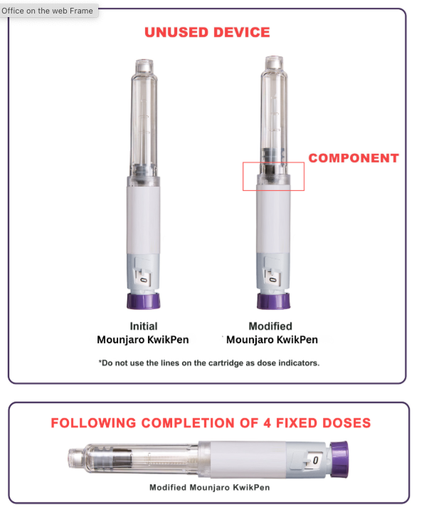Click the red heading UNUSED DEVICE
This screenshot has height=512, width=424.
tap(207, 32)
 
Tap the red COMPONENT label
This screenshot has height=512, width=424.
tap(354, 158)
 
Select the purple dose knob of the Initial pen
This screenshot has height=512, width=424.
tap(144, 301)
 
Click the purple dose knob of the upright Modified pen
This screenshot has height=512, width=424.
tap(273, 301)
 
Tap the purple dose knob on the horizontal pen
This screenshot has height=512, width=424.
tap(339, 459)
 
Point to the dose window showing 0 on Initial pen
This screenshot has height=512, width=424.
tap(144, 280)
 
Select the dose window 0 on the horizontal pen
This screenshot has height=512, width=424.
tap(315, 461)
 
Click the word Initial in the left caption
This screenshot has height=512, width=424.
tap(144, 326)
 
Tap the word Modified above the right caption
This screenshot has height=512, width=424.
tap(270, 326)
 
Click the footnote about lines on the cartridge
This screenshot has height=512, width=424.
tap(209, 363)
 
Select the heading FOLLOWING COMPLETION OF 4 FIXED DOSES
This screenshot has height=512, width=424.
tap(211, 423)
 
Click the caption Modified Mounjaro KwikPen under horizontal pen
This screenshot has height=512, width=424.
tap(210, 488)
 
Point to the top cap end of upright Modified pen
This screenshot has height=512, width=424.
tap(274, 63)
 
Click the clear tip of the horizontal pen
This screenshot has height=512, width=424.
tap(75, 459)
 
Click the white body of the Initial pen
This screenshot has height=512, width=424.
tap(143, 219)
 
